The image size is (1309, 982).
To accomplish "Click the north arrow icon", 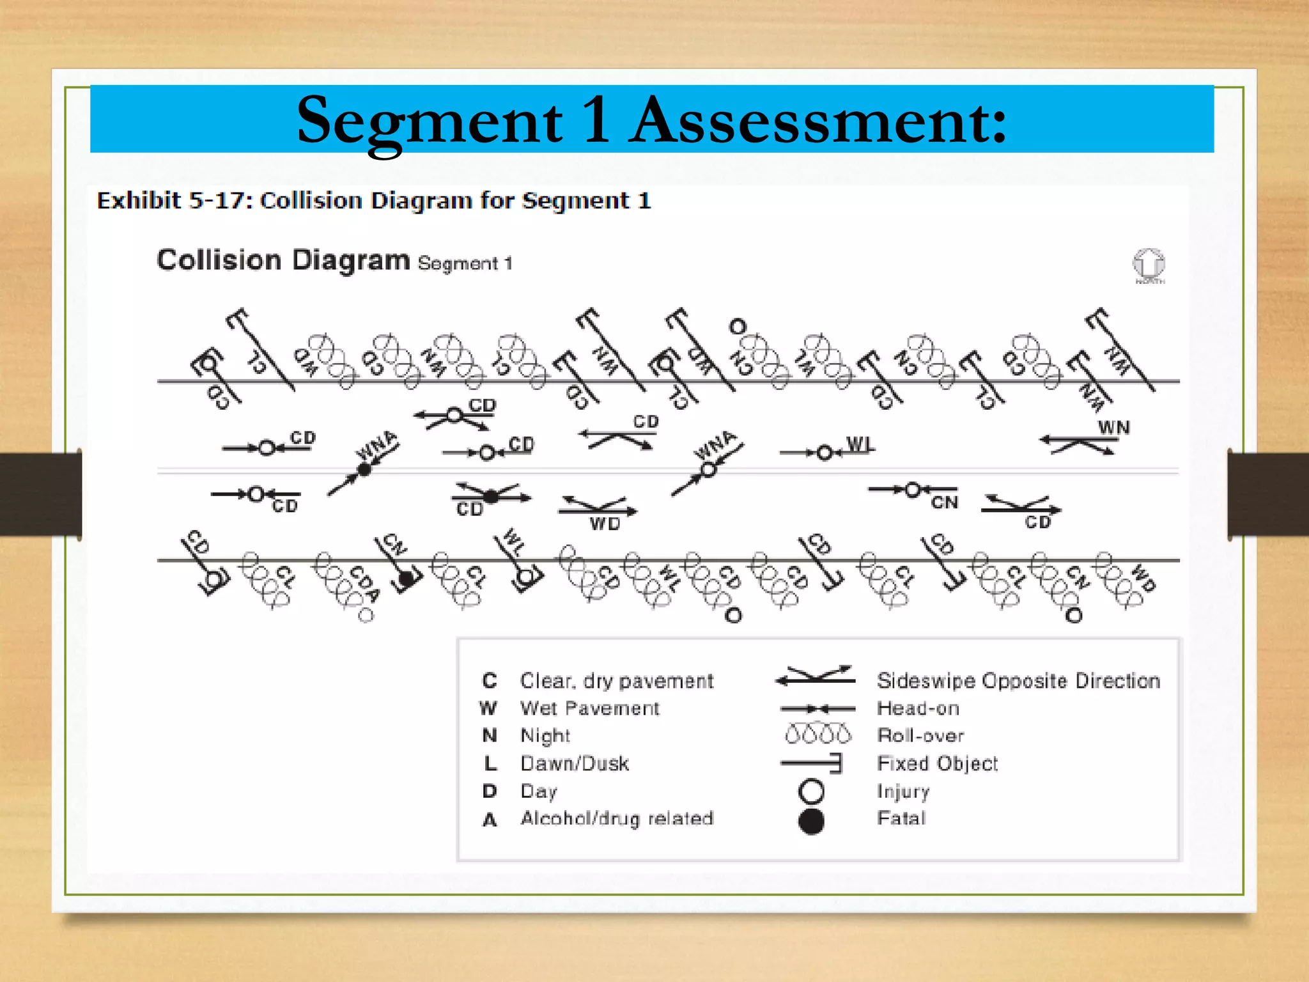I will click(x=1149, y=263).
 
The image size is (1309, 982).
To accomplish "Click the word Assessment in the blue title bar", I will click(x=818, y=120).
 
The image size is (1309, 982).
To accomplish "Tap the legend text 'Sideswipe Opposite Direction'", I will click(x=1018, y=681).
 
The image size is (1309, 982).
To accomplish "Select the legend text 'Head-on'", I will click(x=918, y=708).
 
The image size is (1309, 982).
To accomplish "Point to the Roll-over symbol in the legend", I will click(x=817, y=734).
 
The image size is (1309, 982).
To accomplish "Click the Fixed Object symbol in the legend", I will click(x=812, y=763).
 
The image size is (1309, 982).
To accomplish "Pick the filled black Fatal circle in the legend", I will click(x=811, y=821).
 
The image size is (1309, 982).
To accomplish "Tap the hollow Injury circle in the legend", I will click(x=811, y=791).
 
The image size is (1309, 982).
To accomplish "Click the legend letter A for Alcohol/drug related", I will click(x=490, y=820).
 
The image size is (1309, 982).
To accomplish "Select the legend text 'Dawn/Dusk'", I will click(x=575, y=763).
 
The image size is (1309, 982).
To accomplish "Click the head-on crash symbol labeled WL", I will click(x=825, y=453).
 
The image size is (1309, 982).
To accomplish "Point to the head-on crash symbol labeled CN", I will click(x=913, y=490).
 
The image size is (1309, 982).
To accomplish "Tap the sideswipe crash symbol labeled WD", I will click(x=597, y=508).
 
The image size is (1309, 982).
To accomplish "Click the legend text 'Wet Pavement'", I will click(x=589, y=708).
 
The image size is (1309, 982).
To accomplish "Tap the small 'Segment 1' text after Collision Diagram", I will click(x=465, y=263).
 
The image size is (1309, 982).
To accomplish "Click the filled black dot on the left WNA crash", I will click(x=364, y=470).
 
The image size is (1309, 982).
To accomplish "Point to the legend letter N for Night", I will click(x=490, y=735).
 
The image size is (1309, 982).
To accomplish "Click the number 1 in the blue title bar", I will click(x=596, y=120).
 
